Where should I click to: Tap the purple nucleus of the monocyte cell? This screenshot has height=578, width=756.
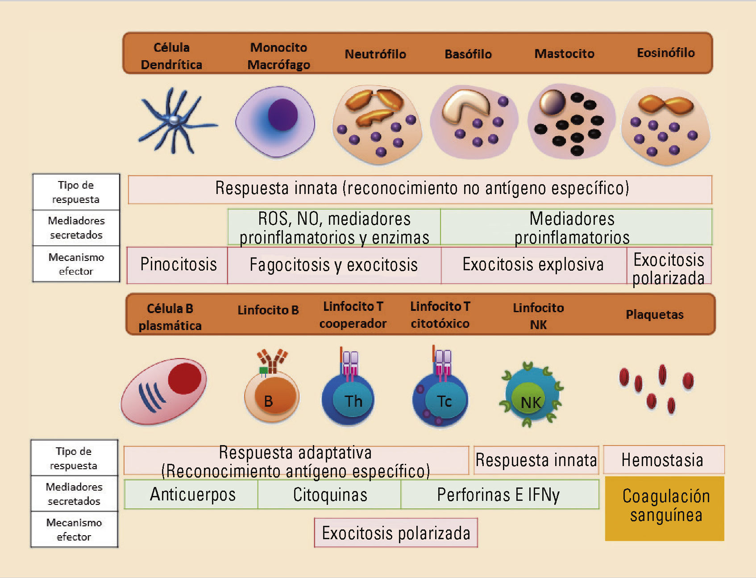(282, 115)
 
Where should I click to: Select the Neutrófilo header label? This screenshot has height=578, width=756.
(375, 54)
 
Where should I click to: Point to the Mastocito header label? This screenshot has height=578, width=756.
(565, 54)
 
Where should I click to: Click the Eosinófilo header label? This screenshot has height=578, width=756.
(666, 53)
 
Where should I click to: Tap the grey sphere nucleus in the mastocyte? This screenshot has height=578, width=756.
(552, 102)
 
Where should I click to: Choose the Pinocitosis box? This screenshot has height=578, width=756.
(178, 265)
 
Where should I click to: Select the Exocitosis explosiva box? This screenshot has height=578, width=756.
(534, 265)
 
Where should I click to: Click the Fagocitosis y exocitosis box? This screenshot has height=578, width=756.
(334, 265)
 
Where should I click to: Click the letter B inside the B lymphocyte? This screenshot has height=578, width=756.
(268, 401)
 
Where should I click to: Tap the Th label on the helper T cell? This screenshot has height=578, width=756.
(353, 401)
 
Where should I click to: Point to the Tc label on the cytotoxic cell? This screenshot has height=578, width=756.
(444, 401)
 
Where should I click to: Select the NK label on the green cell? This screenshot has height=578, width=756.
(531, 403)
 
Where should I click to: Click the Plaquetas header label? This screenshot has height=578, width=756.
(655, 314)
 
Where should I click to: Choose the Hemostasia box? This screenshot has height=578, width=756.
(664, 460)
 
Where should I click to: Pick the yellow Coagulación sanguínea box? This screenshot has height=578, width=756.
(665, 508)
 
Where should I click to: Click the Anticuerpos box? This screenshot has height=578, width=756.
(191, 495)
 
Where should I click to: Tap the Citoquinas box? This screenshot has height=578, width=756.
(330, 495)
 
